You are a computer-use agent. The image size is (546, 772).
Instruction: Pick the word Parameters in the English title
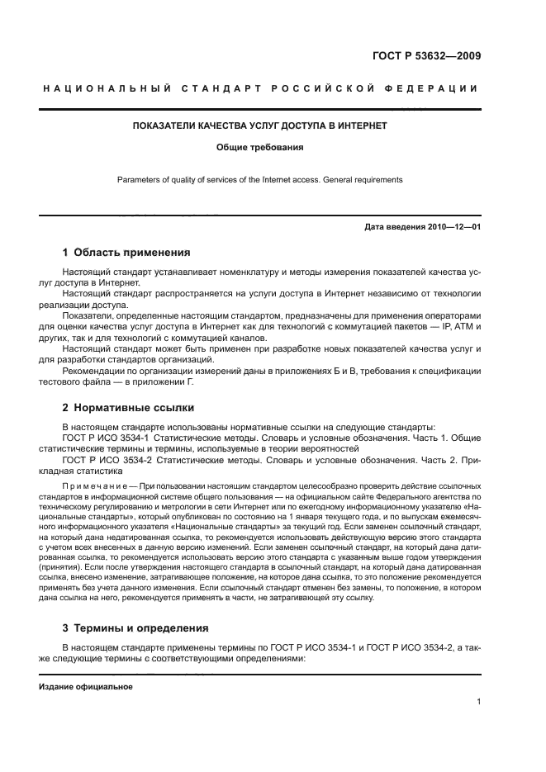coord(137,179)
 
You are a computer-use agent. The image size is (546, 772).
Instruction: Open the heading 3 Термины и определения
coord(136,628)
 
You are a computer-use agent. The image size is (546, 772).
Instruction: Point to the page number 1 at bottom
coord(478,702)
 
